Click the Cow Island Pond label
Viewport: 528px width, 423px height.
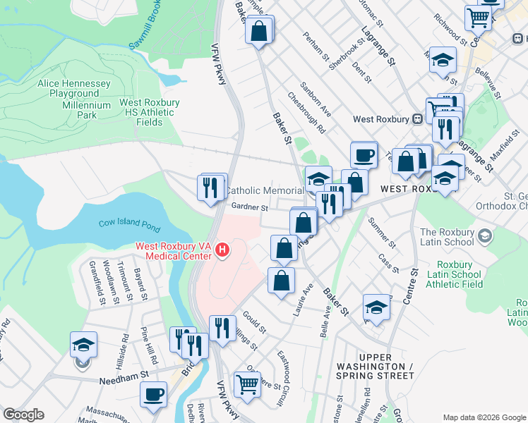[x=130, y=224]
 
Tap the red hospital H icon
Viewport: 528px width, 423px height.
[x=223, y=250]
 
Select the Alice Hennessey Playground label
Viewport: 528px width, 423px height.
[x=74, y=89]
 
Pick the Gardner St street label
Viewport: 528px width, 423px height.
[x=251, y=207]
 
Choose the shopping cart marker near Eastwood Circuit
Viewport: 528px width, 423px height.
[x=247, y=385]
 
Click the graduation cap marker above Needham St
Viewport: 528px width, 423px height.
[x=83, y=345]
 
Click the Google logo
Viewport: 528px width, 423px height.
[x=23, y=415]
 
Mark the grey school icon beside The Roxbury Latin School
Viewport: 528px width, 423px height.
[x=484, y=236]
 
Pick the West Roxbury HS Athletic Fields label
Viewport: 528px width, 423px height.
[x=149, y=112]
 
